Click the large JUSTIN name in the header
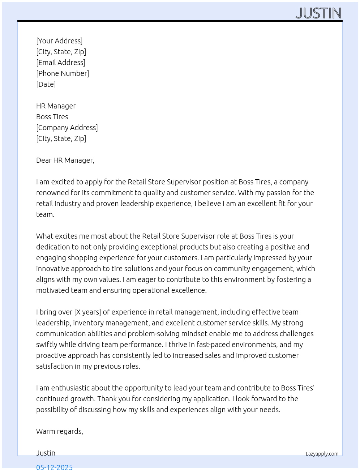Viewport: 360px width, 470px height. (318, 13)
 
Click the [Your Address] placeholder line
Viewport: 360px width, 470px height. (59, 41)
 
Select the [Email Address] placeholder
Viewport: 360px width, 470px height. (61, 63)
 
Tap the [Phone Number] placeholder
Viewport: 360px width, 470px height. (63, 73)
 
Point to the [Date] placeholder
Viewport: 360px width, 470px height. (46, 84)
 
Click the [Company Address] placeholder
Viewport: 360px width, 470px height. (67, 128)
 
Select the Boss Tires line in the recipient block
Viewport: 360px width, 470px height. (52, 117)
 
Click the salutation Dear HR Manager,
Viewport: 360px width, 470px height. (65, 160)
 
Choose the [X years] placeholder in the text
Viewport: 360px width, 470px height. (87, 312)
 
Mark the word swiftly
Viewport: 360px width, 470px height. (47, 345)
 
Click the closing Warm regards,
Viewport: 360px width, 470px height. (60, 431)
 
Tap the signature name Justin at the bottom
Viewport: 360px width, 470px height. (46, 453)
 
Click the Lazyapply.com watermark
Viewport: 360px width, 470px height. (322, 454)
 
